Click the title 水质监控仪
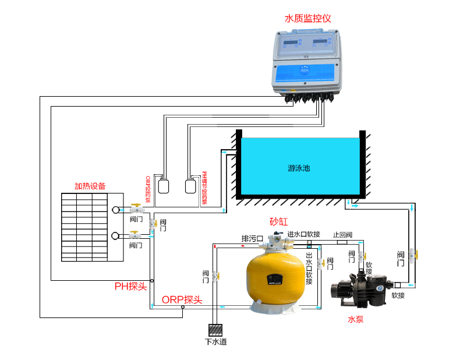307,18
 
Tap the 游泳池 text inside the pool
299,168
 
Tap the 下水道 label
215,341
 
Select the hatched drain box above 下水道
215,330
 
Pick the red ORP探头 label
182,299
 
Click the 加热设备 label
90,186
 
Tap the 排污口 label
253,239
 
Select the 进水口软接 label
303,234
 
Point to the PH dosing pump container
190,186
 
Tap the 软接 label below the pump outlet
398,295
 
